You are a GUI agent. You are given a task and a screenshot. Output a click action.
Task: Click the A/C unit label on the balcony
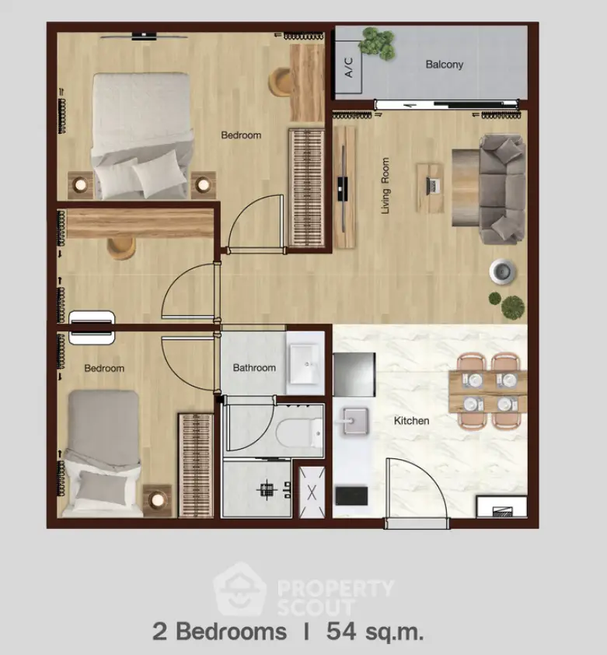click(x=349, y=67)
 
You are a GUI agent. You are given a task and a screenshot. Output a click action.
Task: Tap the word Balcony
click(x=445, y=65)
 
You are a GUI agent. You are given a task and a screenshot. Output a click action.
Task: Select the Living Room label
click(x=385, y=185)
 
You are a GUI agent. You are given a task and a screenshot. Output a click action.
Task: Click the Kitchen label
click(x=411, y=420)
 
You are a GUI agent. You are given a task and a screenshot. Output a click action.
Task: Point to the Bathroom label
click(x=254, y=368)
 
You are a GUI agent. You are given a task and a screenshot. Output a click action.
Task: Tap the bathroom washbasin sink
click(x=305, y=363)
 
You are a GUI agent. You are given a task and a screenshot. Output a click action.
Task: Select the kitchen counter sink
click(x=356, y=421)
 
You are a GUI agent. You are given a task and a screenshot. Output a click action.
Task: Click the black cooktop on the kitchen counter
click(x=351, y=496)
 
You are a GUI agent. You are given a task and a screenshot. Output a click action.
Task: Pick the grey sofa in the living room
click(x=502, y=189)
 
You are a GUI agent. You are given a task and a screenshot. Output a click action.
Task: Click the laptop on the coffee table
click(x=432, y=186)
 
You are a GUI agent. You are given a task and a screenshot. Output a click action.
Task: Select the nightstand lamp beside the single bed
click(x=158, y=499)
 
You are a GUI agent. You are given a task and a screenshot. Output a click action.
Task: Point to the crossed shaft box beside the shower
click(x=312, y=492)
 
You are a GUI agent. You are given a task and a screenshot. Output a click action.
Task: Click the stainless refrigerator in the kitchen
click(x=354, y=374)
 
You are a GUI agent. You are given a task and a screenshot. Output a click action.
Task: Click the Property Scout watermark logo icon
click(x=239, y=589)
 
